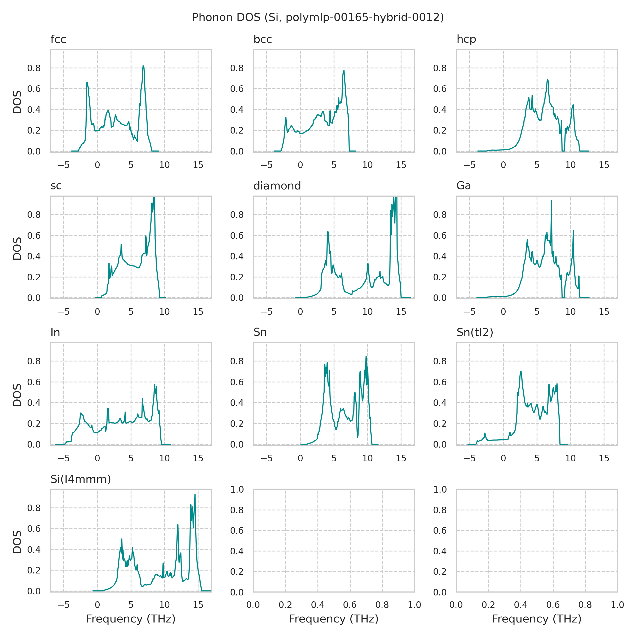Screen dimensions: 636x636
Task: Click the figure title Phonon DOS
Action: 318,17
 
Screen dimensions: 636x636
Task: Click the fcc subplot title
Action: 58,39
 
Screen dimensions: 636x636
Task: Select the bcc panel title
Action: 262,39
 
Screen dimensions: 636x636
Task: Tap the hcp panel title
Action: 466,39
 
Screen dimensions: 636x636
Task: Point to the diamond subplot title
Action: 277,186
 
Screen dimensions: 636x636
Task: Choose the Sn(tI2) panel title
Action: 475,333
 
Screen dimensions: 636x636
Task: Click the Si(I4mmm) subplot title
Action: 81,479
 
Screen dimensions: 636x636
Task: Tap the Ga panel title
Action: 463,186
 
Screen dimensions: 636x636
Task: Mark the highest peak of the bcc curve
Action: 344,70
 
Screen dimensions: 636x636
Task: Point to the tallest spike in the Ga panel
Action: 551,201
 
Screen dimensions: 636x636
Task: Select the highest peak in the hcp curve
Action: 548,79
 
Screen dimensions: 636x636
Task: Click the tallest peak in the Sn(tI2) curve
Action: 521,371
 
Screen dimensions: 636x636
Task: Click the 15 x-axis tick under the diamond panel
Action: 401,311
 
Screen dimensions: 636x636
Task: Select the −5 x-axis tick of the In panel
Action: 64,458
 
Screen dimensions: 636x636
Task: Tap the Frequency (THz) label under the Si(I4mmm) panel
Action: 131,619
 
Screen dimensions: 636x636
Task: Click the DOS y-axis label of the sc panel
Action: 17,248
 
